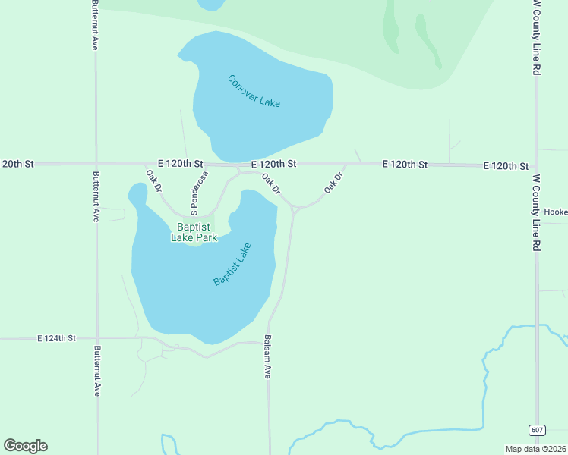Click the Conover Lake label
pos(254,91)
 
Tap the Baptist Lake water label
pos(232,264)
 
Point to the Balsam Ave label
pos(267,358)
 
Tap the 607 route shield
pos(538,430)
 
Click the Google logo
pos(25,446)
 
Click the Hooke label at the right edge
pos(555,212)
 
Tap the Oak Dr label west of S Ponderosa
pos(153,180)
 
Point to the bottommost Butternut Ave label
pos(96,372)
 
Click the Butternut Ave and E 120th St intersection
pos(96,163)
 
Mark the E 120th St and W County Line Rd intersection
pos(536,165)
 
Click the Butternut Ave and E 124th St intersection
pos(96,338)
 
